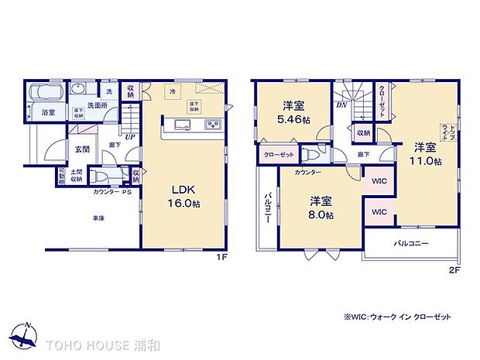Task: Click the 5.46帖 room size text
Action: point(295,121)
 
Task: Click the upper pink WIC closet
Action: point(379,182)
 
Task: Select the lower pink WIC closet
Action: point(379,211)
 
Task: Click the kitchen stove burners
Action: point(213,125)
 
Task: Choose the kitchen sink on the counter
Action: point(183,125)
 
